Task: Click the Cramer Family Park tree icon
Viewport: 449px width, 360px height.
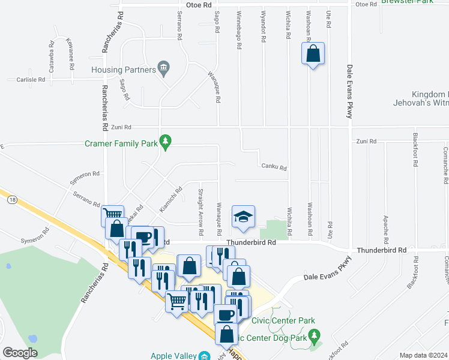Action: click(166, 143)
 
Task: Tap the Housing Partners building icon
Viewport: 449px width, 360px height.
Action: click(163, 69)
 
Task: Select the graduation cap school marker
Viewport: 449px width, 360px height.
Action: click(243, 217)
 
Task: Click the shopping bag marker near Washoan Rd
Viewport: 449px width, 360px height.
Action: click(313, 54)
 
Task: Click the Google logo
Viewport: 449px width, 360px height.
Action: click(20, 353)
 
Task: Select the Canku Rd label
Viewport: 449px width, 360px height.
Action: click(274, 168)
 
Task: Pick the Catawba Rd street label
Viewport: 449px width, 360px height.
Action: click(52, 61)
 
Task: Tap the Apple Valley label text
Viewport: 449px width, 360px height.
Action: click(170, 356)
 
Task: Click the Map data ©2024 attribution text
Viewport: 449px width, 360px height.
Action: click(423, 355)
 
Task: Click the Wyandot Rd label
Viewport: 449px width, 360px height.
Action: click(264, 26)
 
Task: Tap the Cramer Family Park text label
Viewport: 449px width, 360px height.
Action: click(121, 143)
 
